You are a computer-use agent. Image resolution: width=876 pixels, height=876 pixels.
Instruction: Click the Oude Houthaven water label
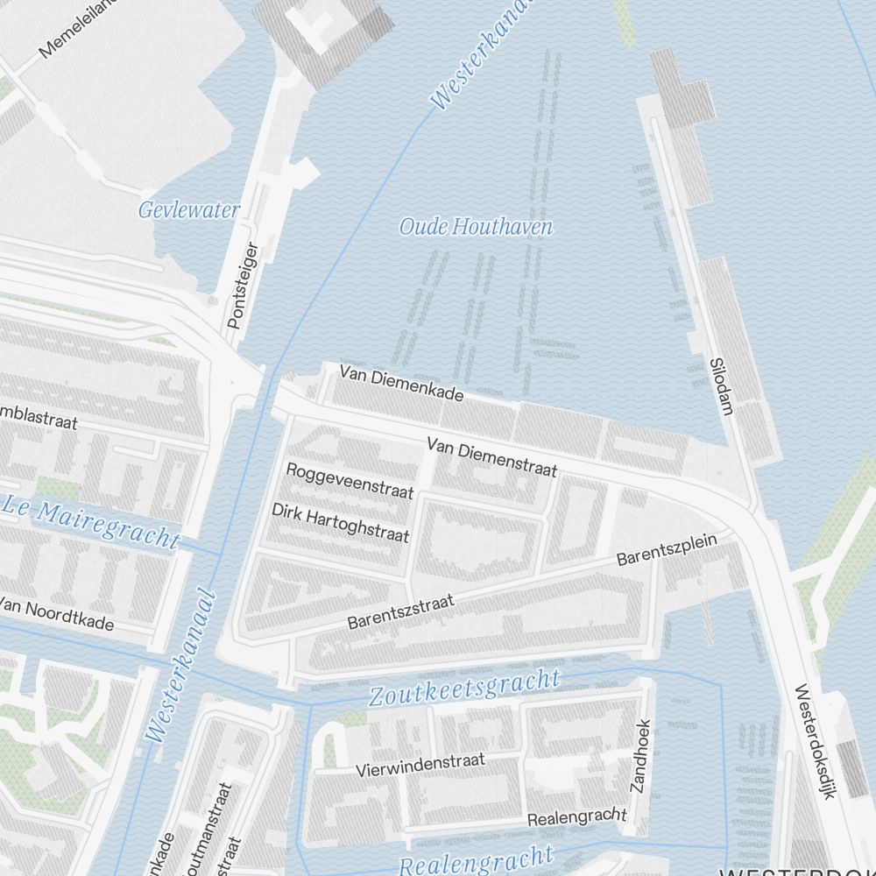point(476,228)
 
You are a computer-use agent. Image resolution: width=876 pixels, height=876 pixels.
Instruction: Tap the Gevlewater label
point(189,210)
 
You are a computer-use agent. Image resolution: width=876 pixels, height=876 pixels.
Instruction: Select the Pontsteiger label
point(243,286)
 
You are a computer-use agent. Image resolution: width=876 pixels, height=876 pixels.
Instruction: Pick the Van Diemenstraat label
point(492,458)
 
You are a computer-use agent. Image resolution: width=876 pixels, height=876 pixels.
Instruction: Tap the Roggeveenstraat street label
point(350,480)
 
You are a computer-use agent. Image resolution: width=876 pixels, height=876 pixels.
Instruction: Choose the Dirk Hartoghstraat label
point(340,523)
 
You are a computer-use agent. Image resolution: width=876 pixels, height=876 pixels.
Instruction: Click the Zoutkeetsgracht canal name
point(463,689)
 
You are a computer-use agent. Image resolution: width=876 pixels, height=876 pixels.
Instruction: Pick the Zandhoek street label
point(640,756)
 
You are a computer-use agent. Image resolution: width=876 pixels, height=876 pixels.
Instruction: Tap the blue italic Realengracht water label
point(476,860)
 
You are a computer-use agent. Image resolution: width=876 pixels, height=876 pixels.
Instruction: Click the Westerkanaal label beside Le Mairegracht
point(182,665)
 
